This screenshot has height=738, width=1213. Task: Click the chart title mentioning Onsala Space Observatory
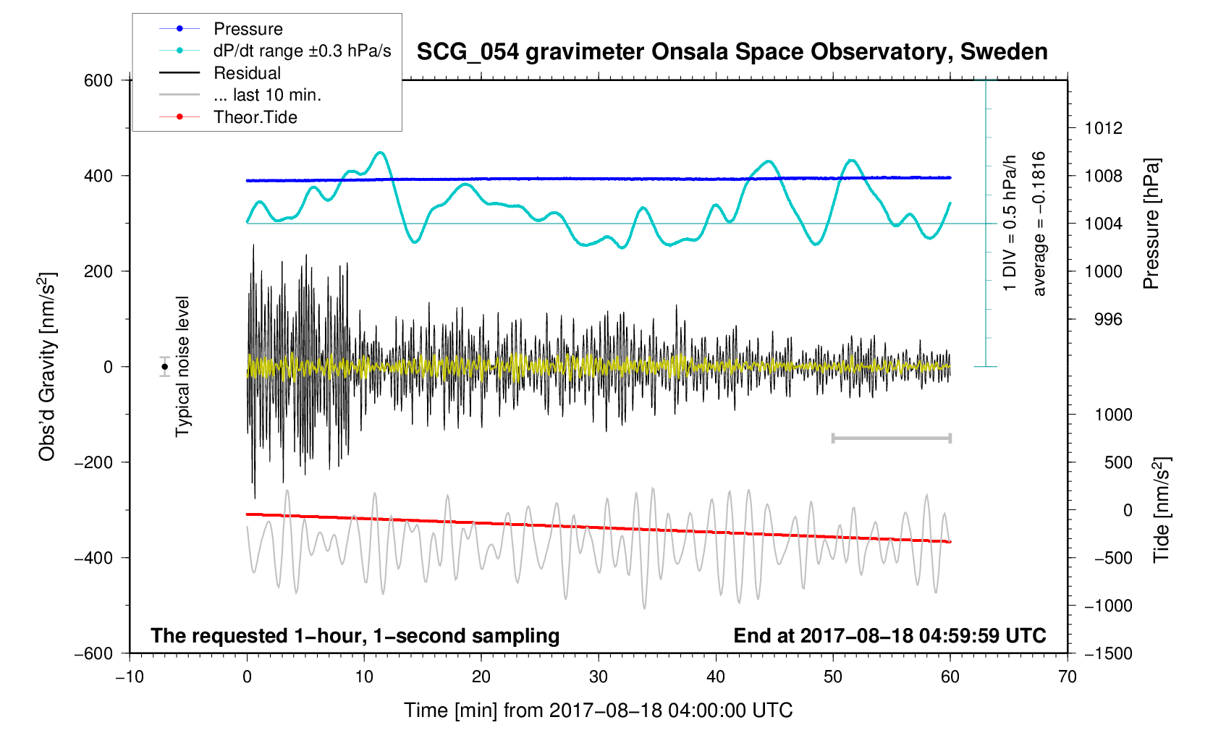pyautogui.click(x=732, y=52)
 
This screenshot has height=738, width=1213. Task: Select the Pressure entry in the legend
pyautogui.click(x=248, y=29)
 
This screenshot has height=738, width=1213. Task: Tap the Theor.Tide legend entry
pyautogui.click(x=255, y=117)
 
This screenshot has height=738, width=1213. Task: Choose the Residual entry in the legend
pyautogui.click(x=247, y=73)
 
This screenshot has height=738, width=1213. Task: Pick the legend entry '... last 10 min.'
pyautogui.click(x=267, y=95)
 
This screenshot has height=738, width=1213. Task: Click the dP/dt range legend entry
pyautogui.click(x=302, y=51)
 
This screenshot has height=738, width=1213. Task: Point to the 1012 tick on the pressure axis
pyautogui.click(x=1103, y=129)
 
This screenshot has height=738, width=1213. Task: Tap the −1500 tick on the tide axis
pyautogui.click(x=1107, y=653)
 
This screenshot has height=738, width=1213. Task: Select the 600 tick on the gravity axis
pyautogui.click(x=98, y=80)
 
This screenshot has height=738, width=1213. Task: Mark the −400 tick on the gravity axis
pyautogui.click(x=94, y=558)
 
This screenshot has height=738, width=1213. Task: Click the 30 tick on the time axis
pyautogui.click(x=599, y=677)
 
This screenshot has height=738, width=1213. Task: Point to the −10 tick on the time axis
pyautogui.click(x=130, y=677)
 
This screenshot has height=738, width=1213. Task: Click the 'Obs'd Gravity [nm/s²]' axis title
pyautogui.click(x=47, y=367)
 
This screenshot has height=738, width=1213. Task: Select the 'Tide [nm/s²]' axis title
pyautogui.click(x=1162, y=510)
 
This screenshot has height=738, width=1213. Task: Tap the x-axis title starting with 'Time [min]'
pyautogui.click(x=598, y=711)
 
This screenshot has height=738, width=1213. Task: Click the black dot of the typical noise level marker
pyautogui.click(x=165, y=367)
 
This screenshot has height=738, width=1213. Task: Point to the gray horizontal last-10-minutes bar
pyautogui.click(x=891, y=438)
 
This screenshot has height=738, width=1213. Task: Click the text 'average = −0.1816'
pyautogui.click(x=1039, y=224)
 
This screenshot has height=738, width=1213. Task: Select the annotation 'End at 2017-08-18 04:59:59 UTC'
pyautogui.click(x=889, y=636)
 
